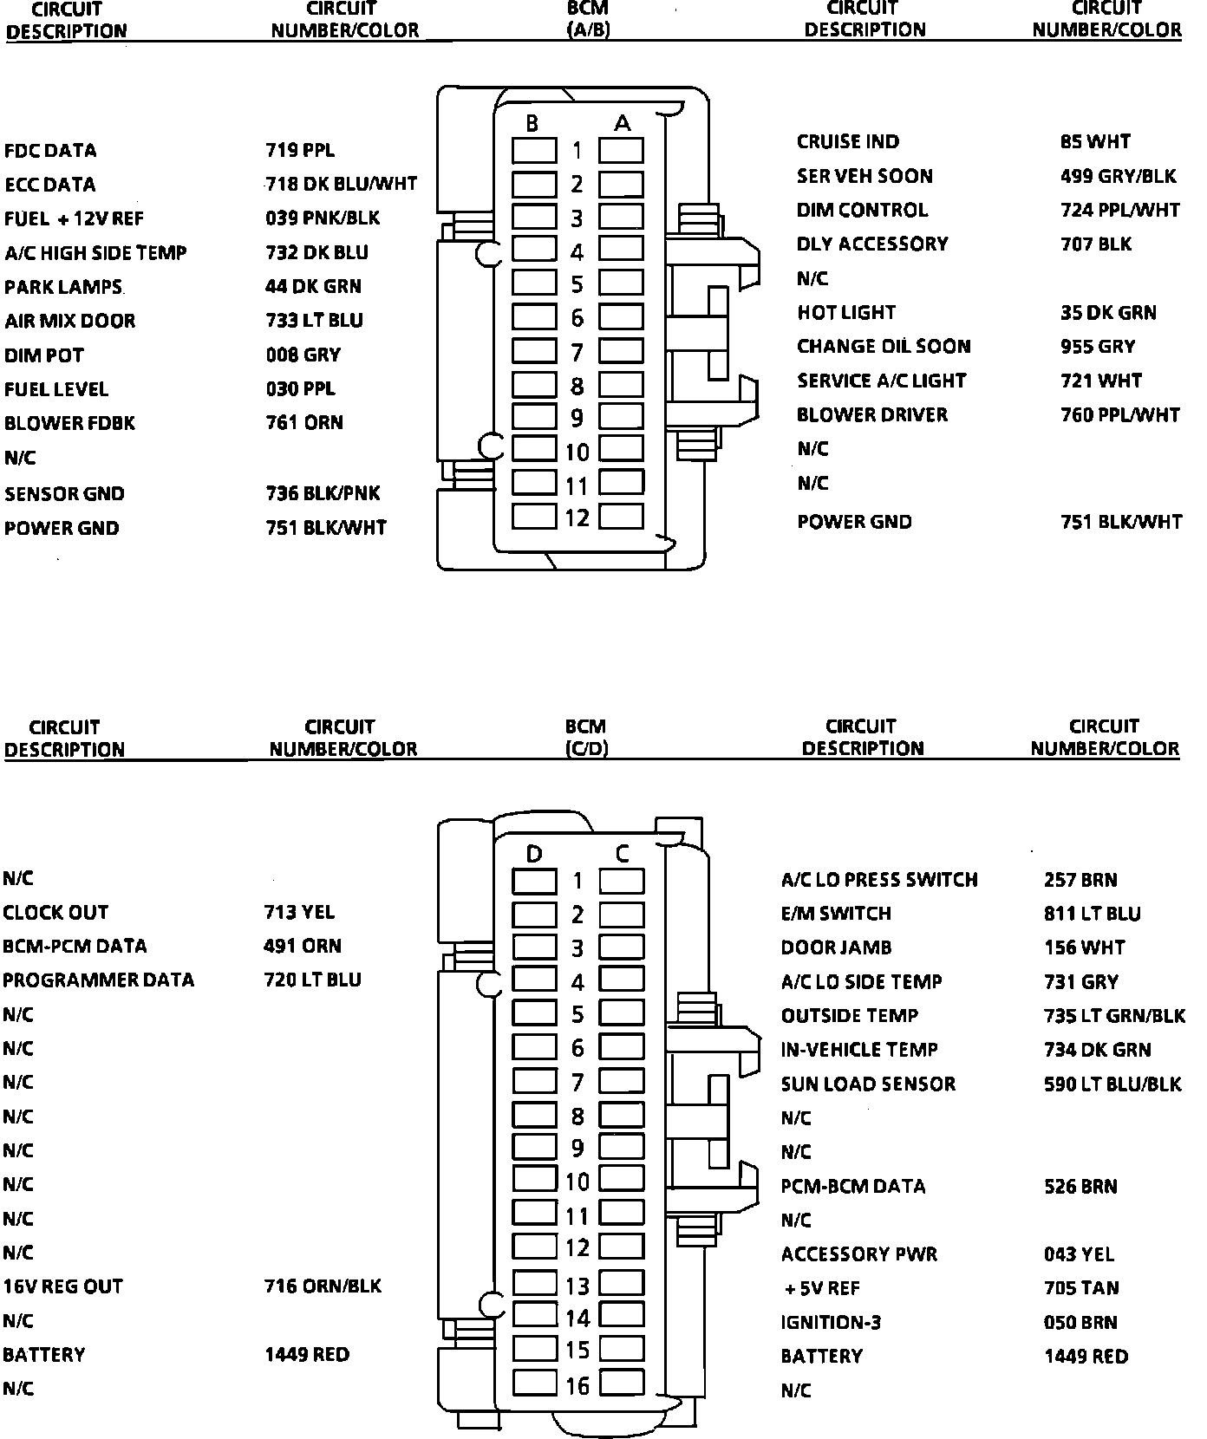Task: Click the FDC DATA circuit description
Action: coord(50,151)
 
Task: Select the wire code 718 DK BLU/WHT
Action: coord(342,185)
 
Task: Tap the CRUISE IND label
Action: coord(848,142)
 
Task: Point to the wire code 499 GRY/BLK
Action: coord(1118,177)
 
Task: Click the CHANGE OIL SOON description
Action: coord(884,347)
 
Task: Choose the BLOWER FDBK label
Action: coord(69,424)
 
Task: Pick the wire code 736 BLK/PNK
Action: coord(323,493)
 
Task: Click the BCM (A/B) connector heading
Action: coord(587,19)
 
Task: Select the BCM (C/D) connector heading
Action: coord(585,737)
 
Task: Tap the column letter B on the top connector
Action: coord(532,124)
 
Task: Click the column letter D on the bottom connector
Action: coord(534,855)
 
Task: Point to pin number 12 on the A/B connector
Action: coord(577,518)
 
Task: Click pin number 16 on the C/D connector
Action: coord(577,1386)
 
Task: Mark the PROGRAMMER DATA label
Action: coord(98,980)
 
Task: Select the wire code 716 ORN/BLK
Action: coord(323,1286)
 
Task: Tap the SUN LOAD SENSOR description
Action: coord(868,1084)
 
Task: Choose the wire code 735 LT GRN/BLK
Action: coord(1114,1016)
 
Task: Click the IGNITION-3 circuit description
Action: coord(830,1323)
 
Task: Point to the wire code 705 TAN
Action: coord(1081,1289)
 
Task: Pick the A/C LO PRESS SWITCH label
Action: coord(879,881)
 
